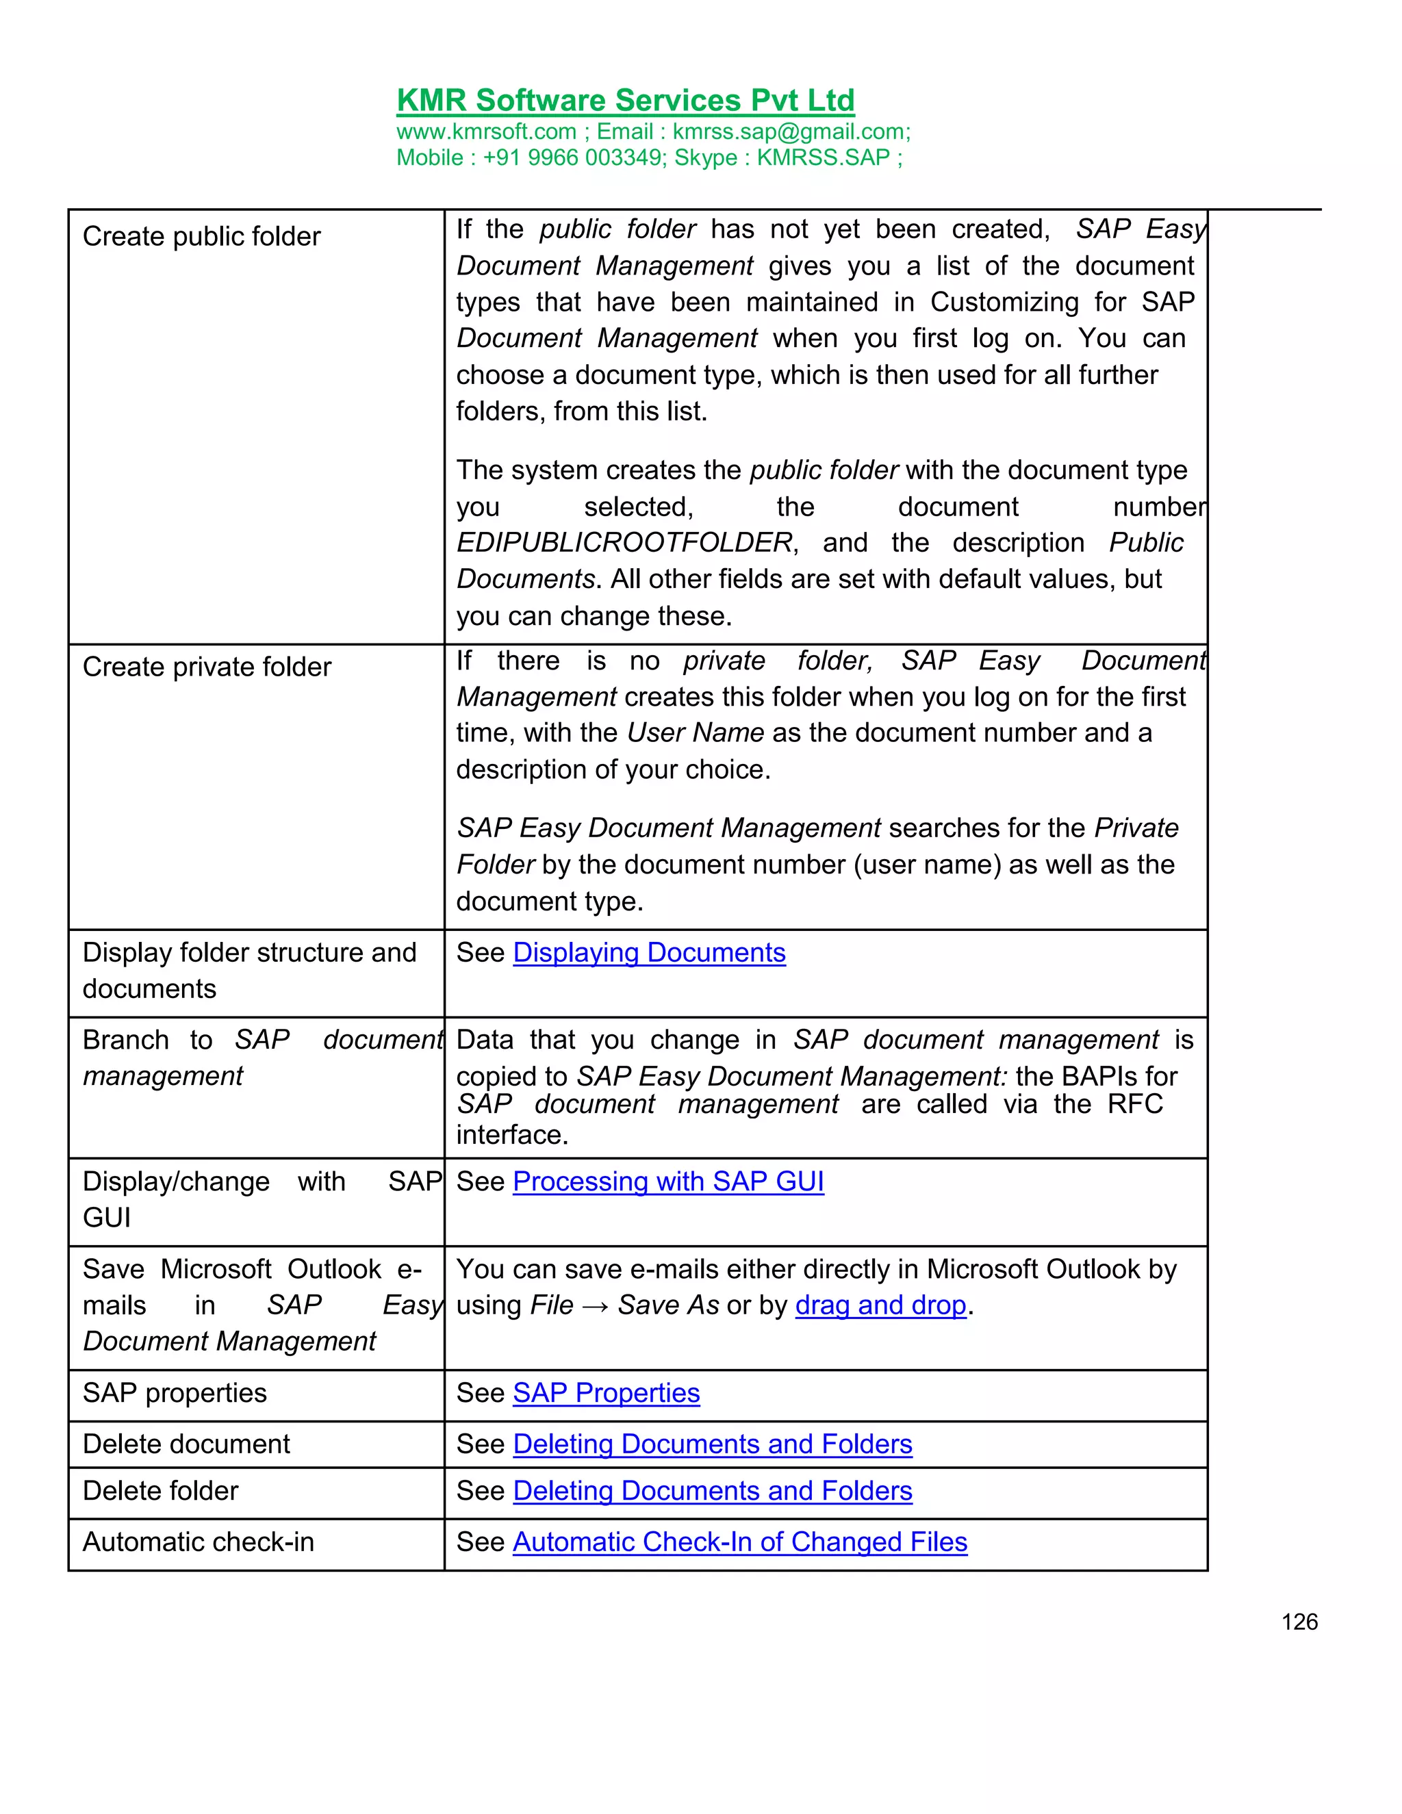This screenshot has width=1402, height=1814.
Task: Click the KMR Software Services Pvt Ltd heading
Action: click(626, 101)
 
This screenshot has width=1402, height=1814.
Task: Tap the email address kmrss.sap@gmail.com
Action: click(790, 132)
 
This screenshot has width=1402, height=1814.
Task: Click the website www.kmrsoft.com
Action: click(486, 132)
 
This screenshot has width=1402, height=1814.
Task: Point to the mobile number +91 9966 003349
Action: click(572, 158)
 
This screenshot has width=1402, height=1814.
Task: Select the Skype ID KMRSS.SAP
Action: click(822, 158)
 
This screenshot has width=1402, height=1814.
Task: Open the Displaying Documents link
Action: click(649, 953)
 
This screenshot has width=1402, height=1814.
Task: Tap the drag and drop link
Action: click(880, 1305)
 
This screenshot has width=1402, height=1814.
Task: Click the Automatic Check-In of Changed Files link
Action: click(739, 1542)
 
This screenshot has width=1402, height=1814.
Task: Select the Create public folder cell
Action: click(202, 237)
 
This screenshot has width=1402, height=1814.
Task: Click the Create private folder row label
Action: click(207, 667)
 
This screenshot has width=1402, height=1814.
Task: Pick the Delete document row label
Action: click(186, 1444)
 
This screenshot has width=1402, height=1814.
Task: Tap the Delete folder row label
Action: click(160, 1491)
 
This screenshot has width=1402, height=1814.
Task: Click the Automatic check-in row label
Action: click(199, 1542)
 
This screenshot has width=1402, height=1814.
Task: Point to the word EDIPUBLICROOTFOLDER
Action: click(624, 542)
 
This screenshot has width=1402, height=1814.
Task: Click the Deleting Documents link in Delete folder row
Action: click(712, 1491)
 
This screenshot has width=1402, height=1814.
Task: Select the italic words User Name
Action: click(696, 732)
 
